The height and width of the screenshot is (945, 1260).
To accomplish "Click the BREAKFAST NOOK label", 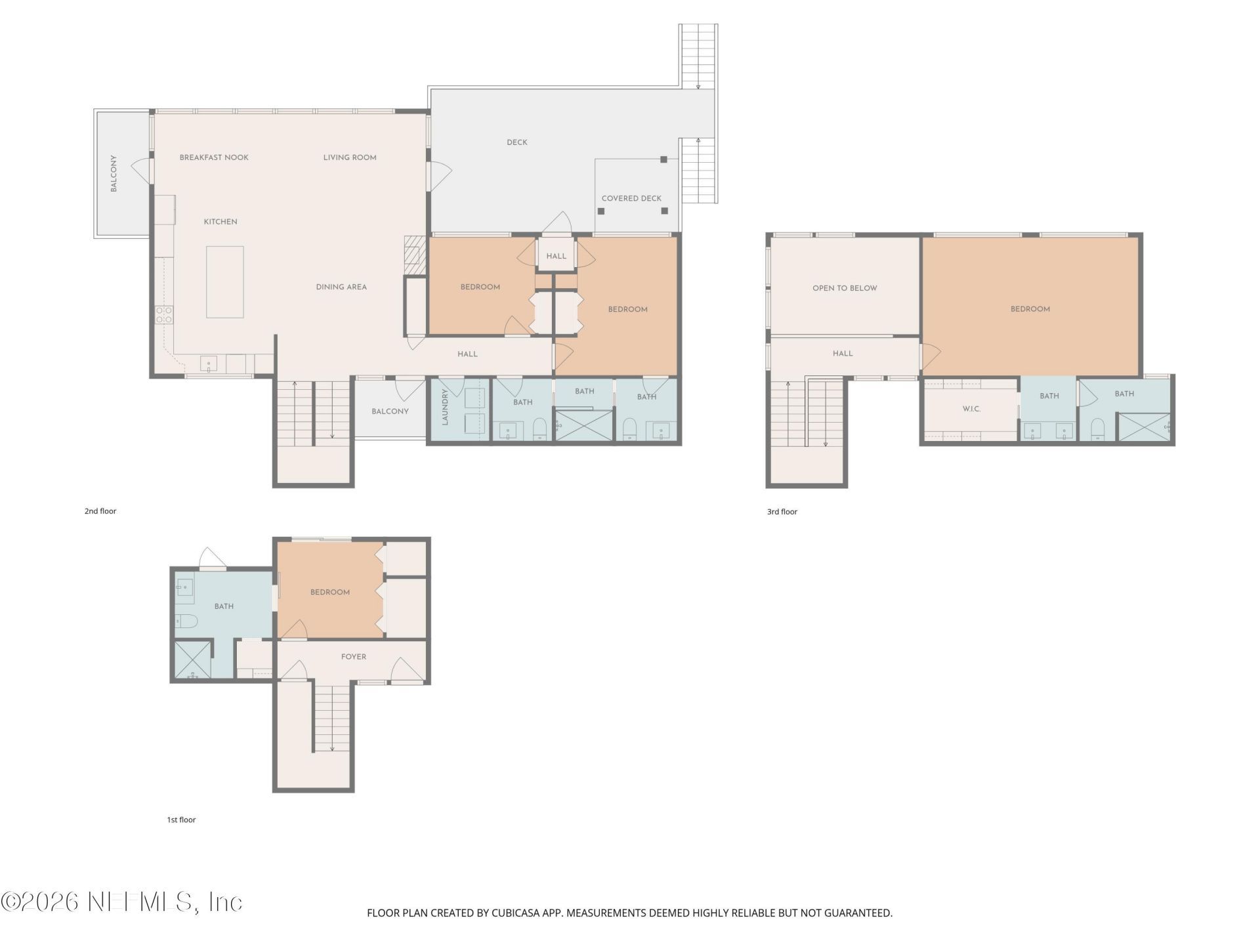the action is [x=214, y=157].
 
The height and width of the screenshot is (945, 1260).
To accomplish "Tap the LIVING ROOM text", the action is [x=350, y=157].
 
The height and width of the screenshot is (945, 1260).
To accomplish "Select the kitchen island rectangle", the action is [x=225, y=282].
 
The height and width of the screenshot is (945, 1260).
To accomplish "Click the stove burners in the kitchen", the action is [x=164, y=315].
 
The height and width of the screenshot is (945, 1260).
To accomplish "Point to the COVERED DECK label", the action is [x=631, y=198].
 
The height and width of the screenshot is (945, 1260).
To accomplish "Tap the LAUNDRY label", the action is [x=445, y=407].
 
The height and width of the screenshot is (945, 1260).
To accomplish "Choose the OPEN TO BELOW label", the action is [x=845, y=288].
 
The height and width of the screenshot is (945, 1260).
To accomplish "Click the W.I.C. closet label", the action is [x=971, y=409].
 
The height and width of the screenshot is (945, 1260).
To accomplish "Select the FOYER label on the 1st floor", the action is [x=354, y=657].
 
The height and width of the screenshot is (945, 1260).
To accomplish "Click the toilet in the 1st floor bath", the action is [x=186, y=621].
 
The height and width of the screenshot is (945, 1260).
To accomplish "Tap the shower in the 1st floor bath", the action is [x=192, y=660].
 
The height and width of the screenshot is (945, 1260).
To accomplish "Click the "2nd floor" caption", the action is [x=100, y=511].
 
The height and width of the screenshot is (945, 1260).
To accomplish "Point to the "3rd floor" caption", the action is [x=782, y=512].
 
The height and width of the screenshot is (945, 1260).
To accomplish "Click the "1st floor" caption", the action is [x=181, y=820].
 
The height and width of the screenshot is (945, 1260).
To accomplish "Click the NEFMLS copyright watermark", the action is [x=121, y=902].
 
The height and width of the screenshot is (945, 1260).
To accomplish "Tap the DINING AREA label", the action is [x=341, y=287].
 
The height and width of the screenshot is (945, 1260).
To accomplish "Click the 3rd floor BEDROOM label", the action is [x=1030, y=309].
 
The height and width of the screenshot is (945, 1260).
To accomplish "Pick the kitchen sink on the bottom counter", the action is [x=209, y=364].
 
